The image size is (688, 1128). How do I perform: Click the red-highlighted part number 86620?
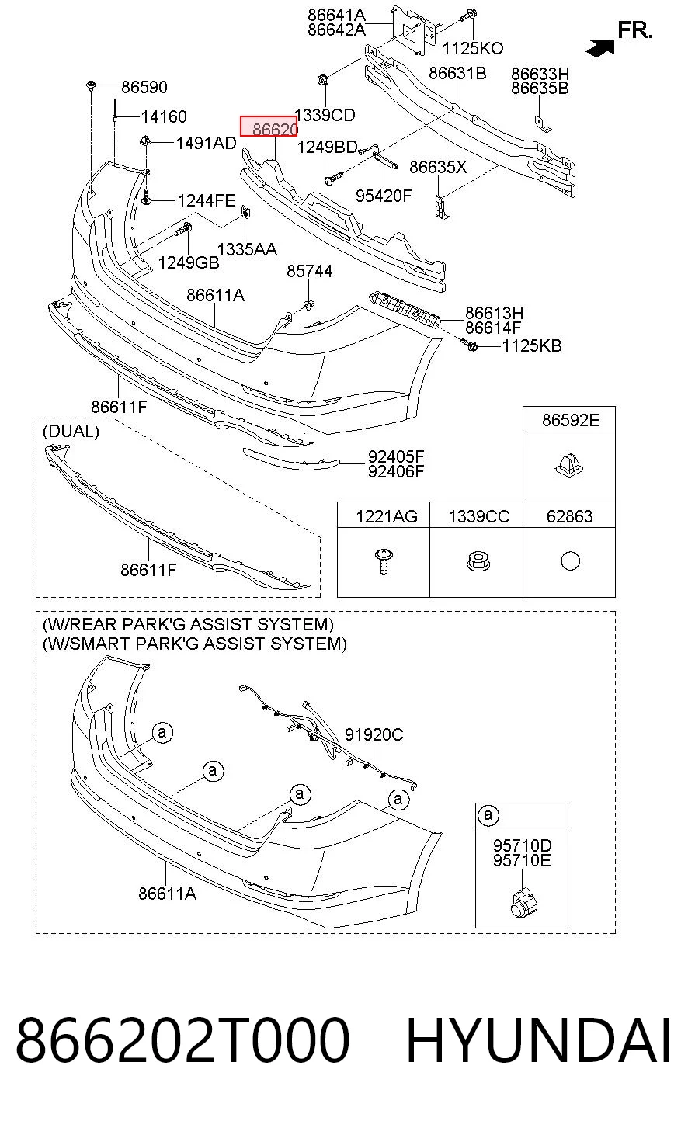point(269,126)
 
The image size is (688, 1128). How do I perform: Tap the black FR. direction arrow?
point(600,48)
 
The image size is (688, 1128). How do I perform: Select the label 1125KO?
point(472,48)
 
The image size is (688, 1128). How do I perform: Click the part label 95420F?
point(384,196)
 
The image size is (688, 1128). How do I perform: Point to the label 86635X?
point(438,167)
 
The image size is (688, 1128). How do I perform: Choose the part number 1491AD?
point(206,144)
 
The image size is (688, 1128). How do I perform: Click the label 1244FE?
point(207,201)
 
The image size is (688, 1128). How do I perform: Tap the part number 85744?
point(309,272)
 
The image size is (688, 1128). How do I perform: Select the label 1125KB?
point(532,346)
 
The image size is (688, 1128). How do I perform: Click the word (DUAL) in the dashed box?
point(71,432)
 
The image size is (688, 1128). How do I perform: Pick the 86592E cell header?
point(571,420)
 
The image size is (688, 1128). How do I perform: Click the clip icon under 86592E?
point(569,466)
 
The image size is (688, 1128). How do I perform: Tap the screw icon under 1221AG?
point(384,562)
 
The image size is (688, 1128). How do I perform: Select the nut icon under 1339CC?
point(478,561)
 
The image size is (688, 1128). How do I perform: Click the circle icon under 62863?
point(570,561)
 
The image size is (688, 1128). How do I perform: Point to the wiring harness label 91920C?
point(374,734)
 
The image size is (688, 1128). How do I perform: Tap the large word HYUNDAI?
point(538,1041)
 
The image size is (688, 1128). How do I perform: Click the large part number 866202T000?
point(182,1041)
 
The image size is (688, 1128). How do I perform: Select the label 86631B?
point(457,74)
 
